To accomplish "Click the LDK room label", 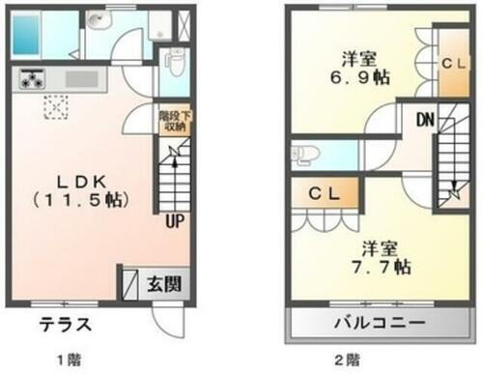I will tap(80, 181).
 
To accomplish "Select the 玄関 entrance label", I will tap(160, 285).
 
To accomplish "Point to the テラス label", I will tap(66, 323).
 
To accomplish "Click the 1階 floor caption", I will tap(69, 360).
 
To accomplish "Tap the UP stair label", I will tap(175, 220).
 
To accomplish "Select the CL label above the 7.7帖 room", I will tap(324, 191).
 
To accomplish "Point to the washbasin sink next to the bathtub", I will tap(98, 22).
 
